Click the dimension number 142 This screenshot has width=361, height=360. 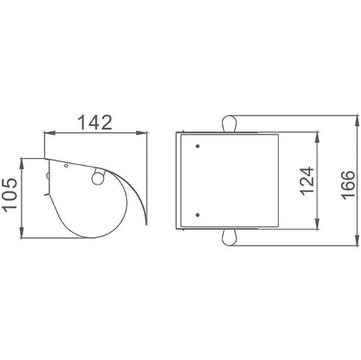coord(95,123)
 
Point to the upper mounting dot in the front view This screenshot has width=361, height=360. coord(197,146)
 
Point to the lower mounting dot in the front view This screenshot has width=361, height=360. coord(197,215)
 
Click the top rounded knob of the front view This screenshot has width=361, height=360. coord(229,124)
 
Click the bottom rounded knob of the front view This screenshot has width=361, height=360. coord(229,237)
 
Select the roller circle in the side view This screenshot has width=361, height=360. coord(98,178)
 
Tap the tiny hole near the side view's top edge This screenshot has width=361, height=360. coord(66,166)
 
